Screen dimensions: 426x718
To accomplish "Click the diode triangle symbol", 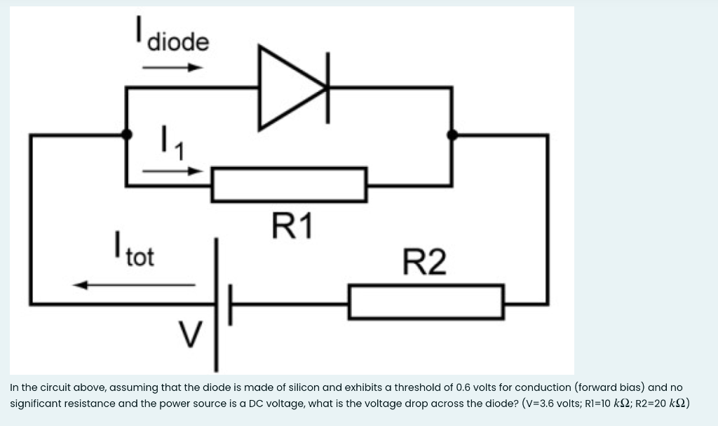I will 287,88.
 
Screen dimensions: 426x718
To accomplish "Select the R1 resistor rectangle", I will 289,185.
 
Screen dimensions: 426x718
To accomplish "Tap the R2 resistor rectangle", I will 426,301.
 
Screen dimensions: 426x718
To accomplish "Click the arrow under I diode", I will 172,68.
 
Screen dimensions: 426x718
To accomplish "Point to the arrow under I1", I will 172,171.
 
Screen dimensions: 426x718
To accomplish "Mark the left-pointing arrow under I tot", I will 133,285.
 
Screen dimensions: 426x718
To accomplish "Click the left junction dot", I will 126,134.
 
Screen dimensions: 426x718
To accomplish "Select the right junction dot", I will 452,134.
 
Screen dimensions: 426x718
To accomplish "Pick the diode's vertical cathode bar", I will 327,88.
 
